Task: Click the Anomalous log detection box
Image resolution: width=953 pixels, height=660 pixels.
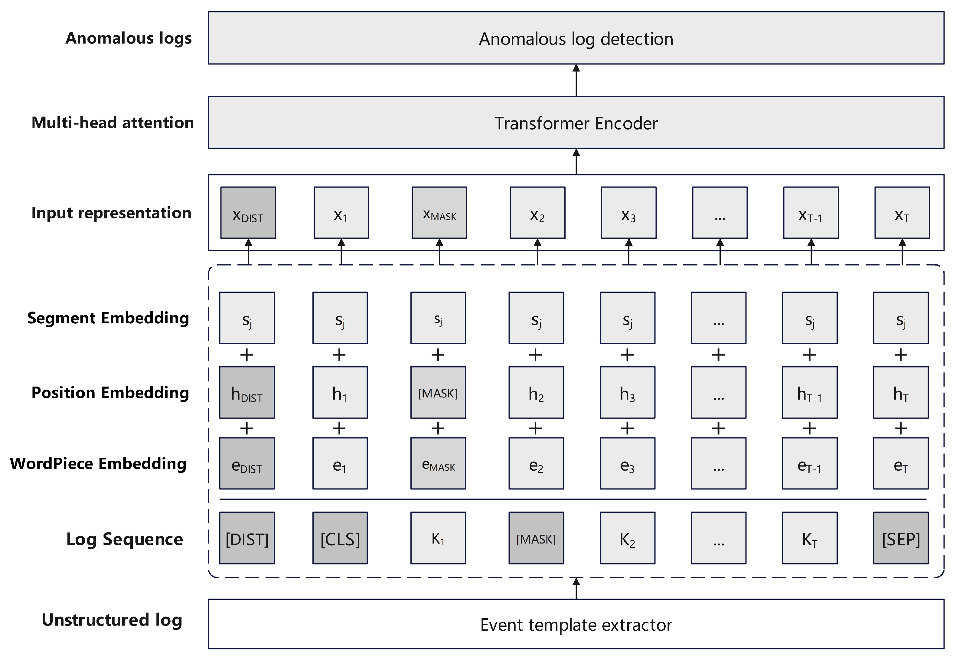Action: click(576, 38)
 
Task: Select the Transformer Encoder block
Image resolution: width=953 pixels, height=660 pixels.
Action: click(576, 123)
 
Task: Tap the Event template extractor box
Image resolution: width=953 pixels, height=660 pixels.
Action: click(576, 624)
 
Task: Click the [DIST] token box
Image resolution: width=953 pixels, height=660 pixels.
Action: click(247, 538)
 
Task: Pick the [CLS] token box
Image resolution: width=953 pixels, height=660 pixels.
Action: click(340, 538)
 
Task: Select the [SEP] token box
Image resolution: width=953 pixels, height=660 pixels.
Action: click(900, 538)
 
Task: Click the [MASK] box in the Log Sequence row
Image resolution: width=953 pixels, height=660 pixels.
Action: click(536, 538)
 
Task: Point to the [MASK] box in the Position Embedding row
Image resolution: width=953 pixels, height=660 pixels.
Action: click(438, 392)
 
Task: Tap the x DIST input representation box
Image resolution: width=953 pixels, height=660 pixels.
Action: click(248, 213)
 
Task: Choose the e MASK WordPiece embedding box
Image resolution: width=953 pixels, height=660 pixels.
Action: click(438, 464)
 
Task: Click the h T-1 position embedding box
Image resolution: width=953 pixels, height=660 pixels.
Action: click(809, 392)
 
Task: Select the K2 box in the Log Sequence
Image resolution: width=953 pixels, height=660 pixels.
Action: click(627, 538)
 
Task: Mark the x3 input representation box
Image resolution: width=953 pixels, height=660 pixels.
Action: click(628, 213)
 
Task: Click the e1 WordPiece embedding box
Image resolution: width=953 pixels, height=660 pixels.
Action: click(340, 464)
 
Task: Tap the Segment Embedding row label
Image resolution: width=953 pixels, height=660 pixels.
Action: click(108, 318)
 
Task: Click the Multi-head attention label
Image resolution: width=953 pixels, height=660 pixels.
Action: click(113, 123)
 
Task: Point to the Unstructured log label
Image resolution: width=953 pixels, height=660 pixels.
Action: click(112, 620)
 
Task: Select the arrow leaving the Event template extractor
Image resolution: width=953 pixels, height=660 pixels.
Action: click(576, 588)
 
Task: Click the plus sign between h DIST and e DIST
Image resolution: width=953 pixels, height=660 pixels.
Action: click(247, 428)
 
